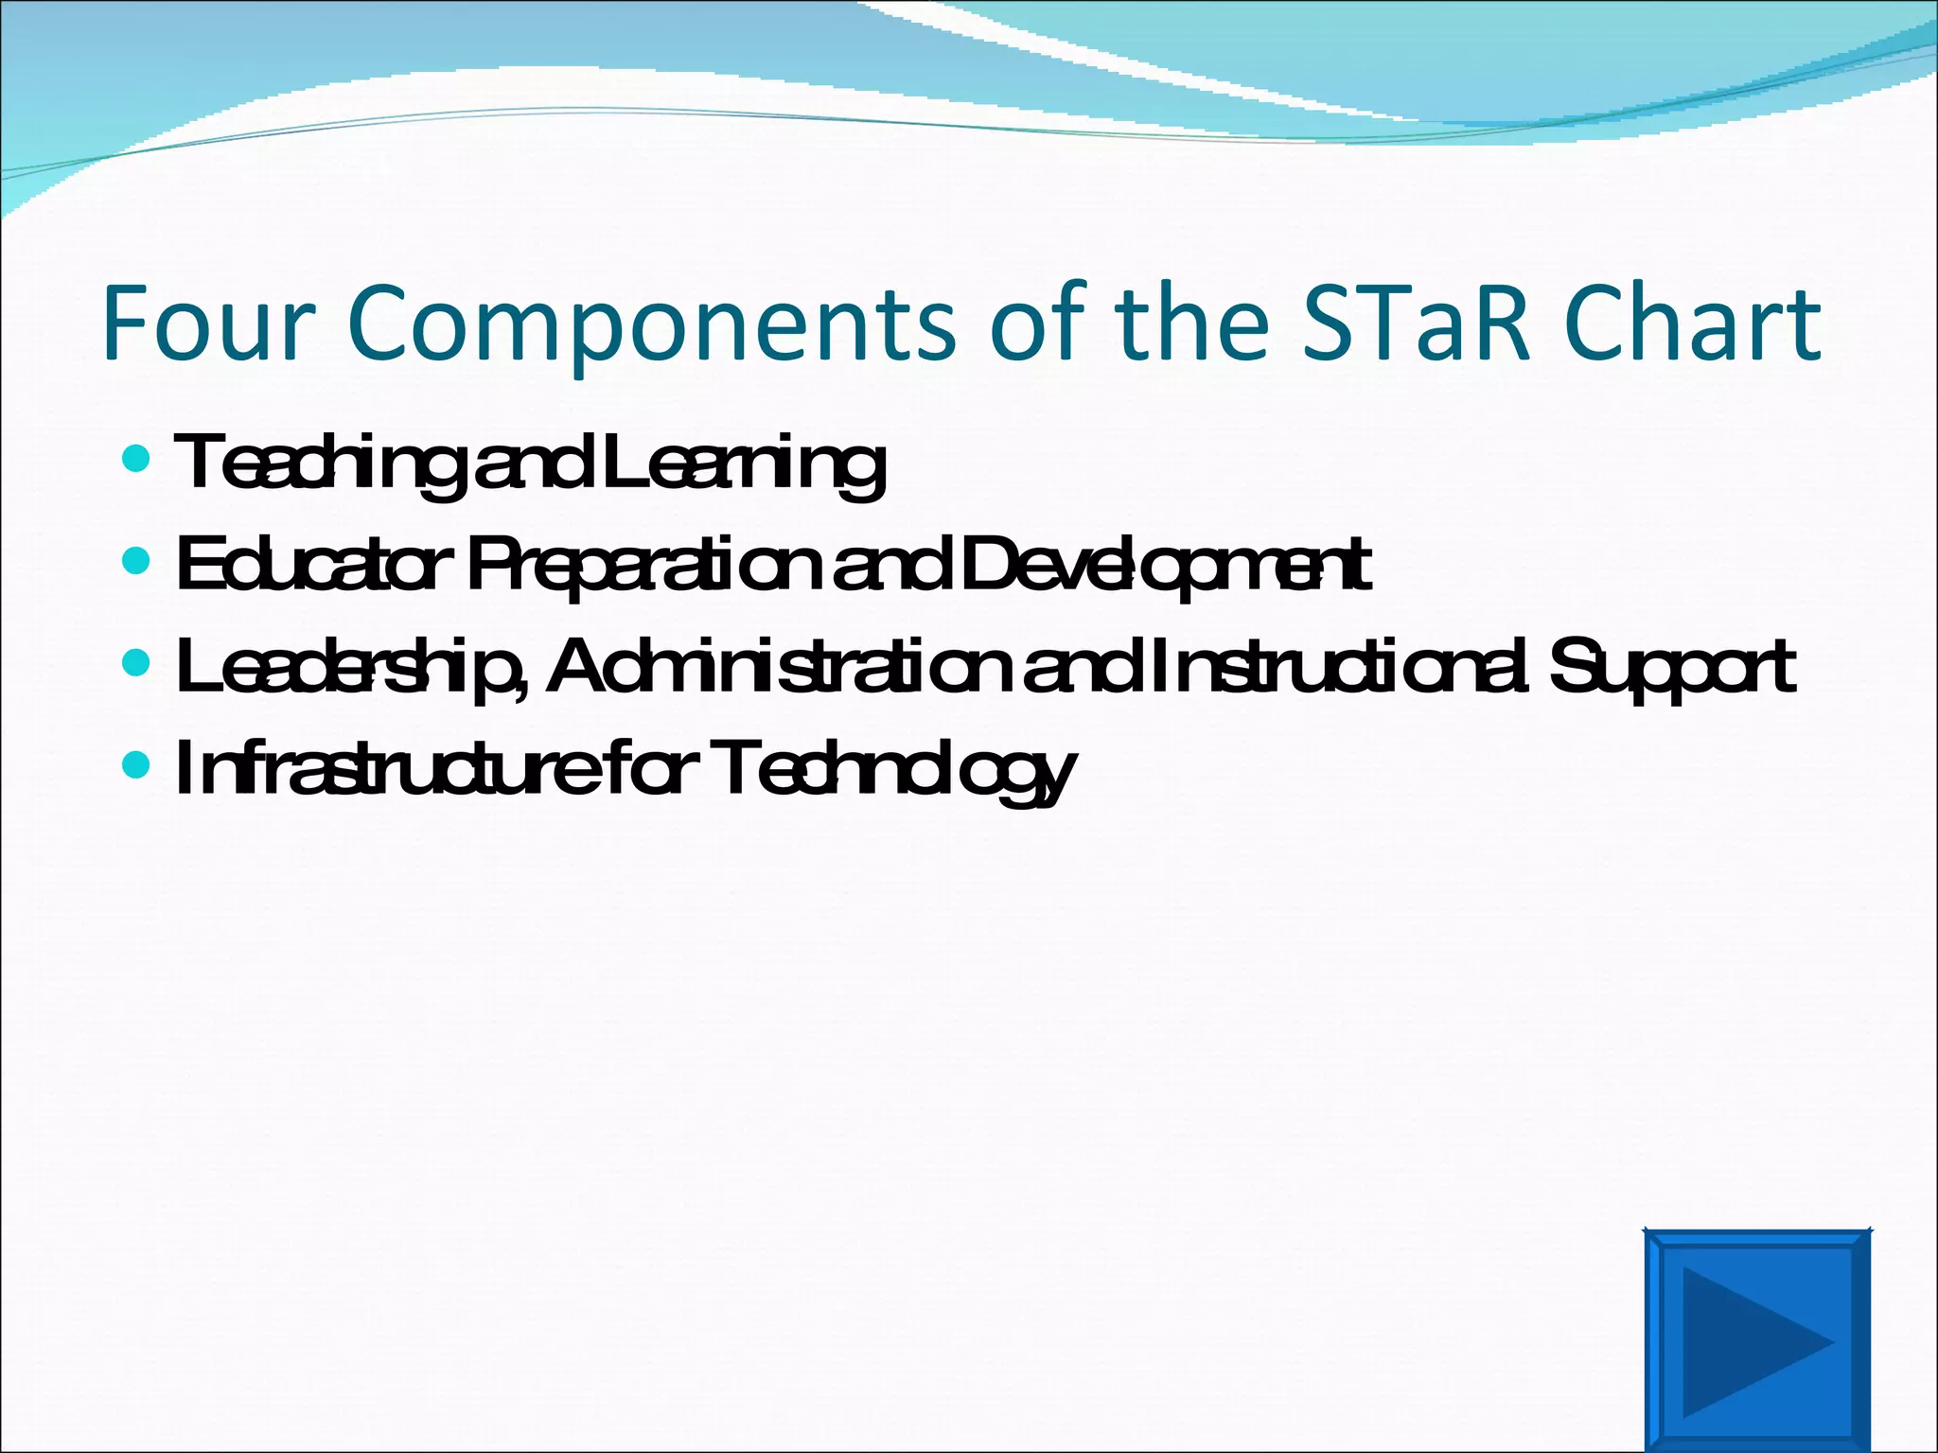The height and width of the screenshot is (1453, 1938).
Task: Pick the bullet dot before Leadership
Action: pyautogui.click(x=136, y=663)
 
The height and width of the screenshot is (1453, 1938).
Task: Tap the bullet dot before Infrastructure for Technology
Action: pyautogui.click(x=136, y=764)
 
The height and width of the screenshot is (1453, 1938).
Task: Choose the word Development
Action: pyautogui.click(x=1164, y=565)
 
